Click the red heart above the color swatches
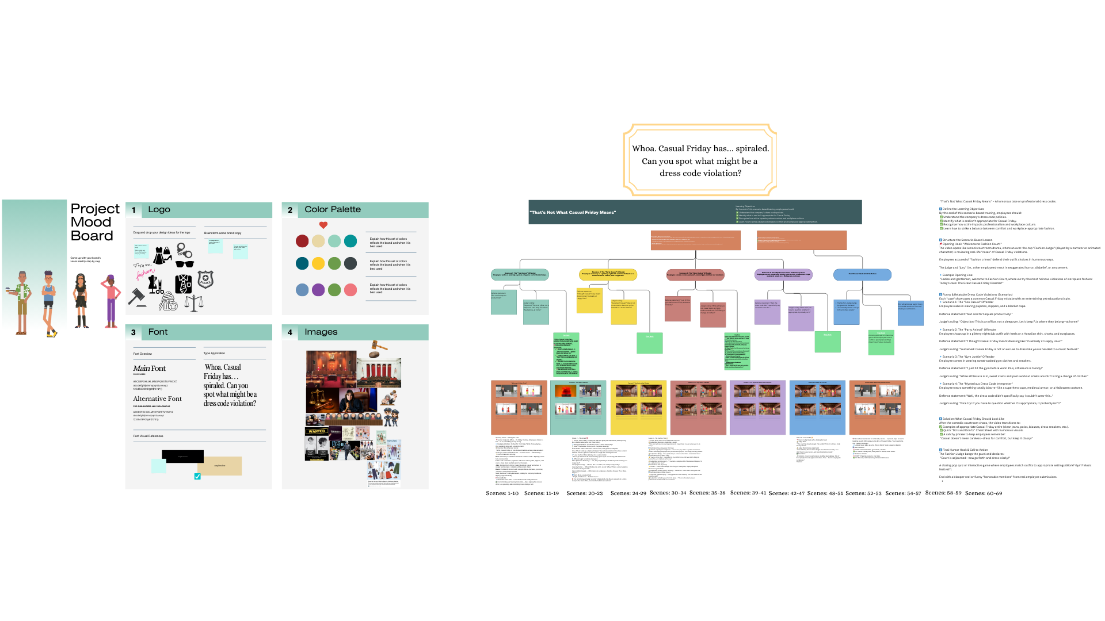[x=323, y=225]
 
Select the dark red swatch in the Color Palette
[x=302, y=241]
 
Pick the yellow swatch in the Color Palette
[x=318, y=263]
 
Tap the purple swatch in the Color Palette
[x=318, y=290]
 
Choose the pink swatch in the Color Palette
[x=350, y=290]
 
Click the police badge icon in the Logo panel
[x=205, y=279]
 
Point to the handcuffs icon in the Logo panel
[x=184, y=250]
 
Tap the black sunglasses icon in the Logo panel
[x=185, y=264]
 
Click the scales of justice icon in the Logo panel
[x=194, y=302]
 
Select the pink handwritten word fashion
[x=145, y=274]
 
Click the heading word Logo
[x=159, y=210]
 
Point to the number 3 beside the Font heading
[x=134, y=332]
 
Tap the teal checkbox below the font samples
[x=197, y=476]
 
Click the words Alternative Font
[x=157, y=398]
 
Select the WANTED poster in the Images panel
[x=317, y=431]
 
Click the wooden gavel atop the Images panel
[x=378, y=346]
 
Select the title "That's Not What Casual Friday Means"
[x=573, y=213]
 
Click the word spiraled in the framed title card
[x=752, y=149]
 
